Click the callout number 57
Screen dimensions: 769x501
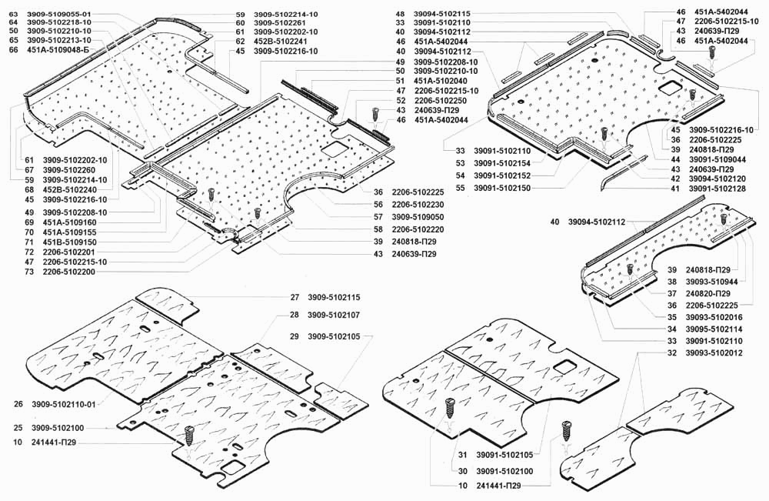378,217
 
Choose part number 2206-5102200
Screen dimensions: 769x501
69,272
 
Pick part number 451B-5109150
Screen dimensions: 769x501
70,242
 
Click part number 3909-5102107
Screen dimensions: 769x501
334,315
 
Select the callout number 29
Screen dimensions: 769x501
295,336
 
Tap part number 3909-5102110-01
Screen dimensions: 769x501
64,405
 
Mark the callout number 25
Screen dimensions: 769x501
18,428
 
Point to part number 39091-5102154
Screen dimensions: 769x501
502,163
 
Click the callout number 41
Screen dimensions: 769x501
675,189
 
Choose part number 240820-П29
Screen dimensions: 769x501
707,294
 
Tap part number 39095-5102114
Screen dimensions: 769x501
714,329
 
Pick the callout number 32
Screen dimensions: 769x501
672,353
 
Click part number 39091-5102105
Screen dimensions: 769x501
504,456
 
